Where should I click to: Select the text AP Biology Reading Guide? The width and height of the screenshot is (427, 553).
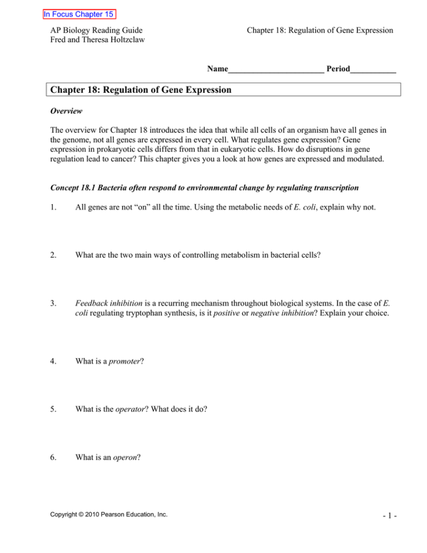[96, 30]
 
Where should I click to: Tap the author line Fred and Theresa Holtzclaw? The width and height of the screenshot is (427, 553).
[97, 41]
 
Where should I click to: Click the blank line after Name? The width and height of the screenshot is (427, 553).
[276, 69]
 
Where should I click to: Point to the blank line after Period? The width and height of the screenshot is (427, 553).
[373, 69]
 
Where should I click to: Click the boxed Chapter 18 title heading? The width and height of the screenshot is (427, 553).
[141, 90]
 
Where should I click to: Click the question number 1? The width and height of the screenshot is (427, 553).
[54, 208]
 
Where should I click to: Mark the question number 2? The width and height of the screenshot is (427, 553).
[54, 255]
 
